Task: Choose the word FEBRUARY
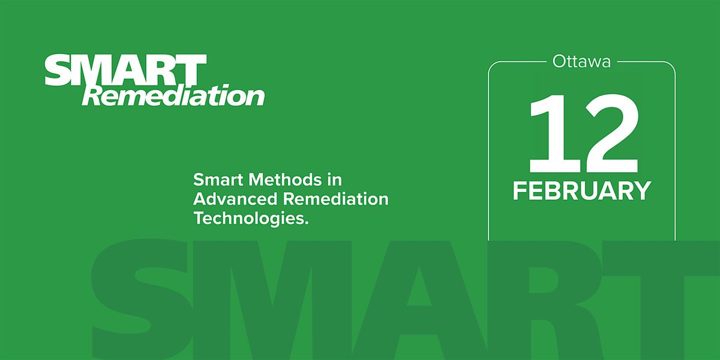click(581, 190)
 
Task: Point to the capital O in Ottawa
click(557, 62)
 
